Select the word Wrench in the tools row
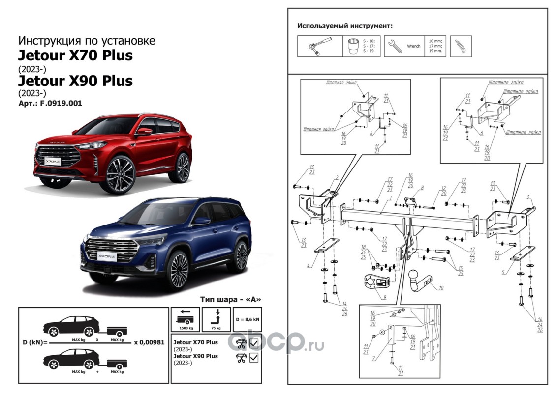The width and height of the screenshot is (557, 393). (413, 46)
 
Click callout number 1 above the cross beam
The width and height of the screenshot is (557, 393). (390, 198)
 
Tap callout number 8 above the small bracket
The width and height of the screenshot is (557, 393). (422, 188)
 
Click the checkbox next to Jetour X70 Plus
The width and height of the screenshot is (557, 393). (254, 343)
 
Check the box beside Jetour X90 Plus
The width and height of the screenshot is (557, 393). (254, 357)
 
